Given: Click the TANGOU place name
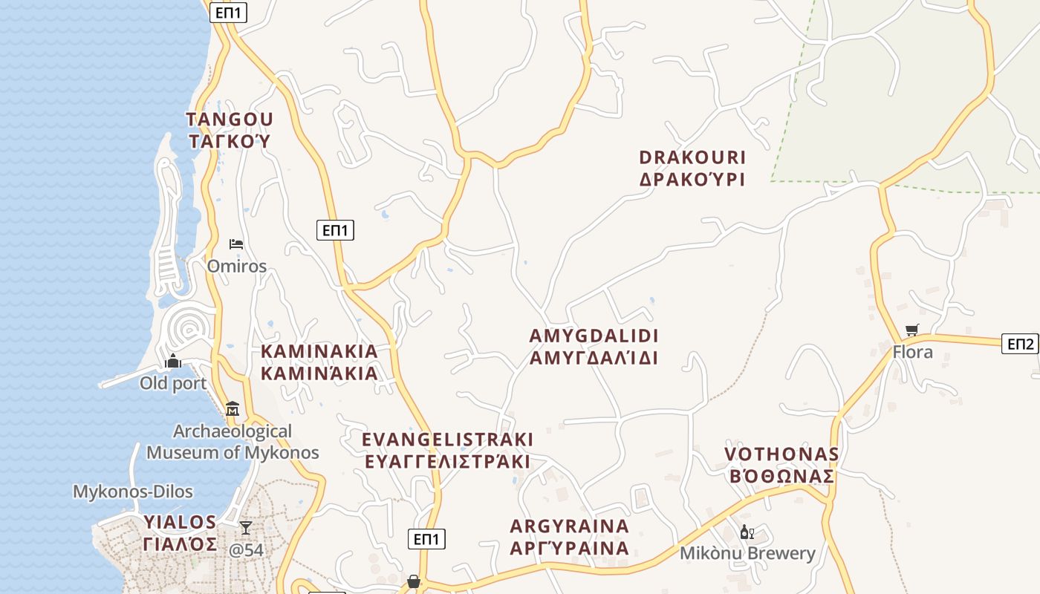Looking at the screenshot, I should (x=230, y=120).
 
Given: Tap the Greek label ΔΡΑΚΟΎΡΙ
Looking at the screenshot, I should (x=692, y=180).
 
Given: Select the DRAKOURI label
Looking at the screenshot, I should (x=692, y=158).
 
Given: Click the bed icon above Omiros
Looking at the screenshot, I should (x=236, y=244).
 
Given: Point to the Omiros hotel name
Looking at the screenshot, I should (x=237, y=266).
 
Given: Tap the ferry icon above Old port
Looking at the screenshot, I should (x=173, y=362).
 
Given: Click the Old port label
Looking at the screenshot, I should (x=173, y=384).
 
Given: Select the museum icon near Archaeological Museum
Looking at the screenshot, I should (x=233, y=408).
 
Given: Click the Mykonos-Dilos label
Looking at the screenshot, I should (x=133, y=492).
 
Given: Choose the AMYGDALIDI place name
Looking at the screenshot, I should (x=594, y=336).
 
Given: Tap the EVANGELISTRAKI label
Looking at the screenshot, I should (x=447, y=440).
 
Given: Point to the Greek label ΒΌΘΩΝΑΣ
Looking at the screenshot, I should (x=781, y=477).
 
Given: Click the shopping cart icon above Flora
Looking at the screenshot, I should (x=912, y=330).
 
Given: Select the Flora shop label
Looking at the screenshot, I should (x=912, y=352).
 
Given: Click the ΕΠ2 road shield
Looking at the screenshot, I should (x=1020, y=344).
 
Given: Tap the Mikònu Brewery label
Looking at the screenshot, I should (x=747, y=553).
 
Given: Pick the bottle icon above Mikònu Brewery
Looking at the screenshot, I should (x=747, y=532).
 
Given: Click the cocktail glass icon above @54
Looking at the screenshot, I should (x=246, y=528).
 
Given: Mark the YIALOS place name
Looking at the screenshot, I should (x=181, y=522).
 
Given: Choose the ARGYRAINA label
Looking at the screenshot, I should (x=570, y=526).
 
